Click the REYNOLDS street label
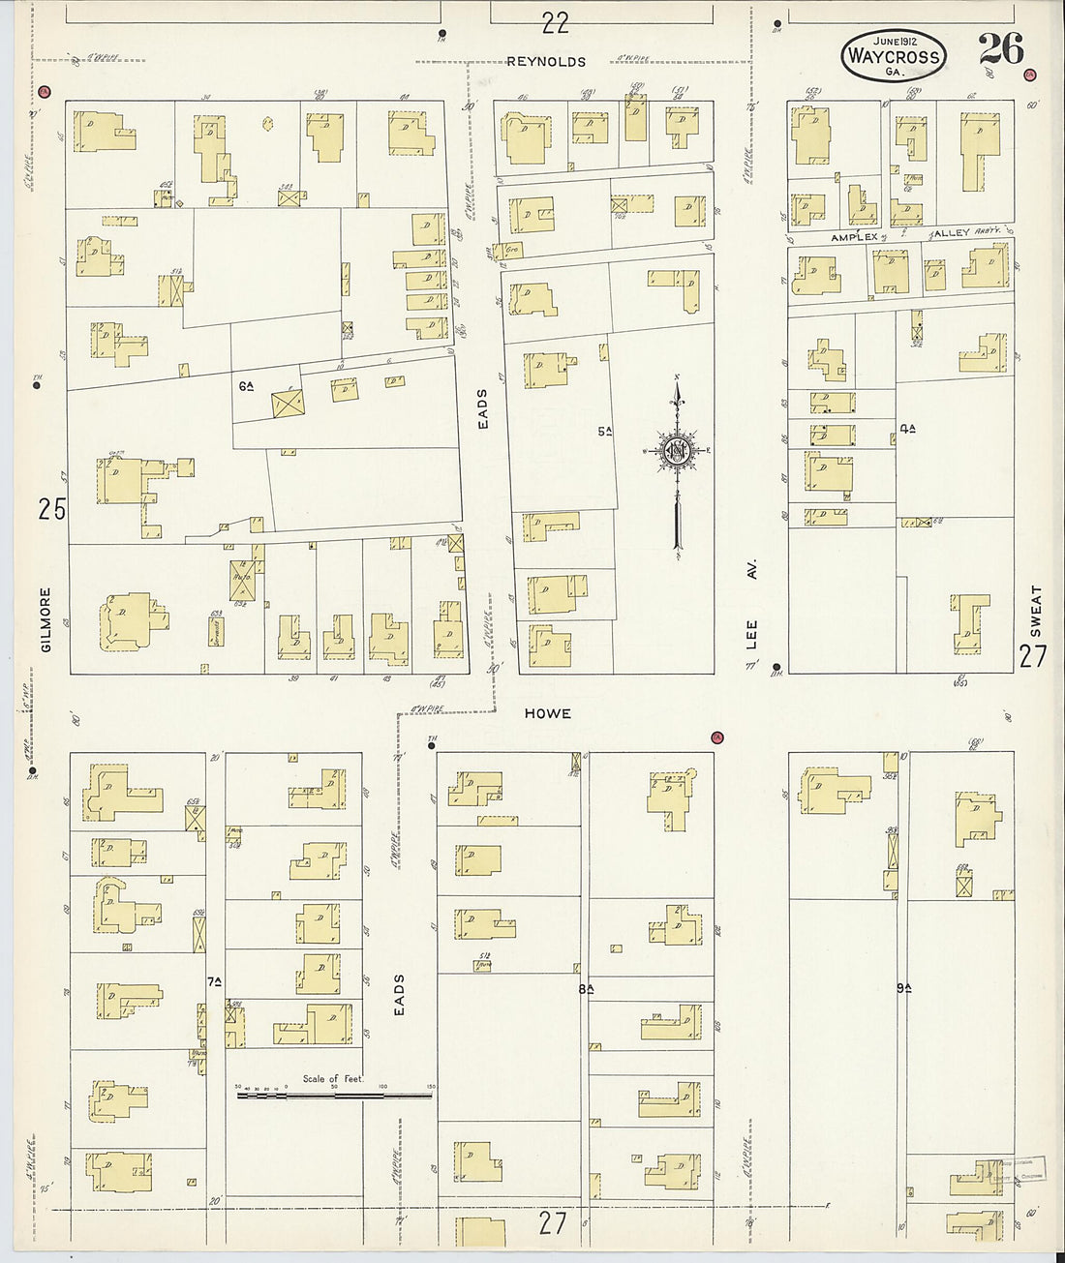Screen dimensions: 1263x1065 tap(546, 62)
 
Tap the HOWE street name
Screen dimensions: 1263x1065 tap(548, 713)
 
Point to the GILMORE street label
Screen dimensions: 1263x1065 tap(46, 618)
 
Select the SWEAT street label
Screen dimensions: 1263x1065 tap(1036, 610)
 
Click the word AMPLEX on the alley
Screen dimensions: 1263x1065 tap(853, 236)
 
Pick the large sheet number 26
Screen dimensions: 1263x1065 tap(1000, 48)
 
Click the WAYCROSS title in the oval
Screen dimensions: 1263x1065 tap(893, 56)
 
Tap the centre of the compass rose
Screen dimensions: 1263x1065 tap(677, 451)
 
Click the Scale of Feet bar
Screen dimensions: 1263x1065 tap(334, 1096)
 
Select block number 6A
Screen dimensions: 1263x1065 tap(246, 386)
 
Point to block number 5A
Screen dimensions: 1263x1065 tap(604, 431)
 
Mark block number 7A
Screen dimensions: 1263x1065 tap(214, 981)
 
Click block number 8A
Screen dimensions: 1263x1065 tap(585, 988)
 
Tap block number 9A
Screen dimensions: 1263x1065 tap(904, 988)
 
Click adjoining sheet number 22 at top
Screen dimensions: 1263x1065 tap(555, 21)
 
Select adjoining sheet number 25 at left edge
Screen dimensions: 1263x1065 tap(52, 508)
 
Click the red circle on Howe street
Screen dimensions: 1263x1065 tap(717, 737)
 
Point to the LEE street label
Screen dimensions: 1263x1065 tap(752, 634)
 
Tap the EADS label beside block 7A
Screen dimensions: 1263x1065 tap(398, 994)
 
